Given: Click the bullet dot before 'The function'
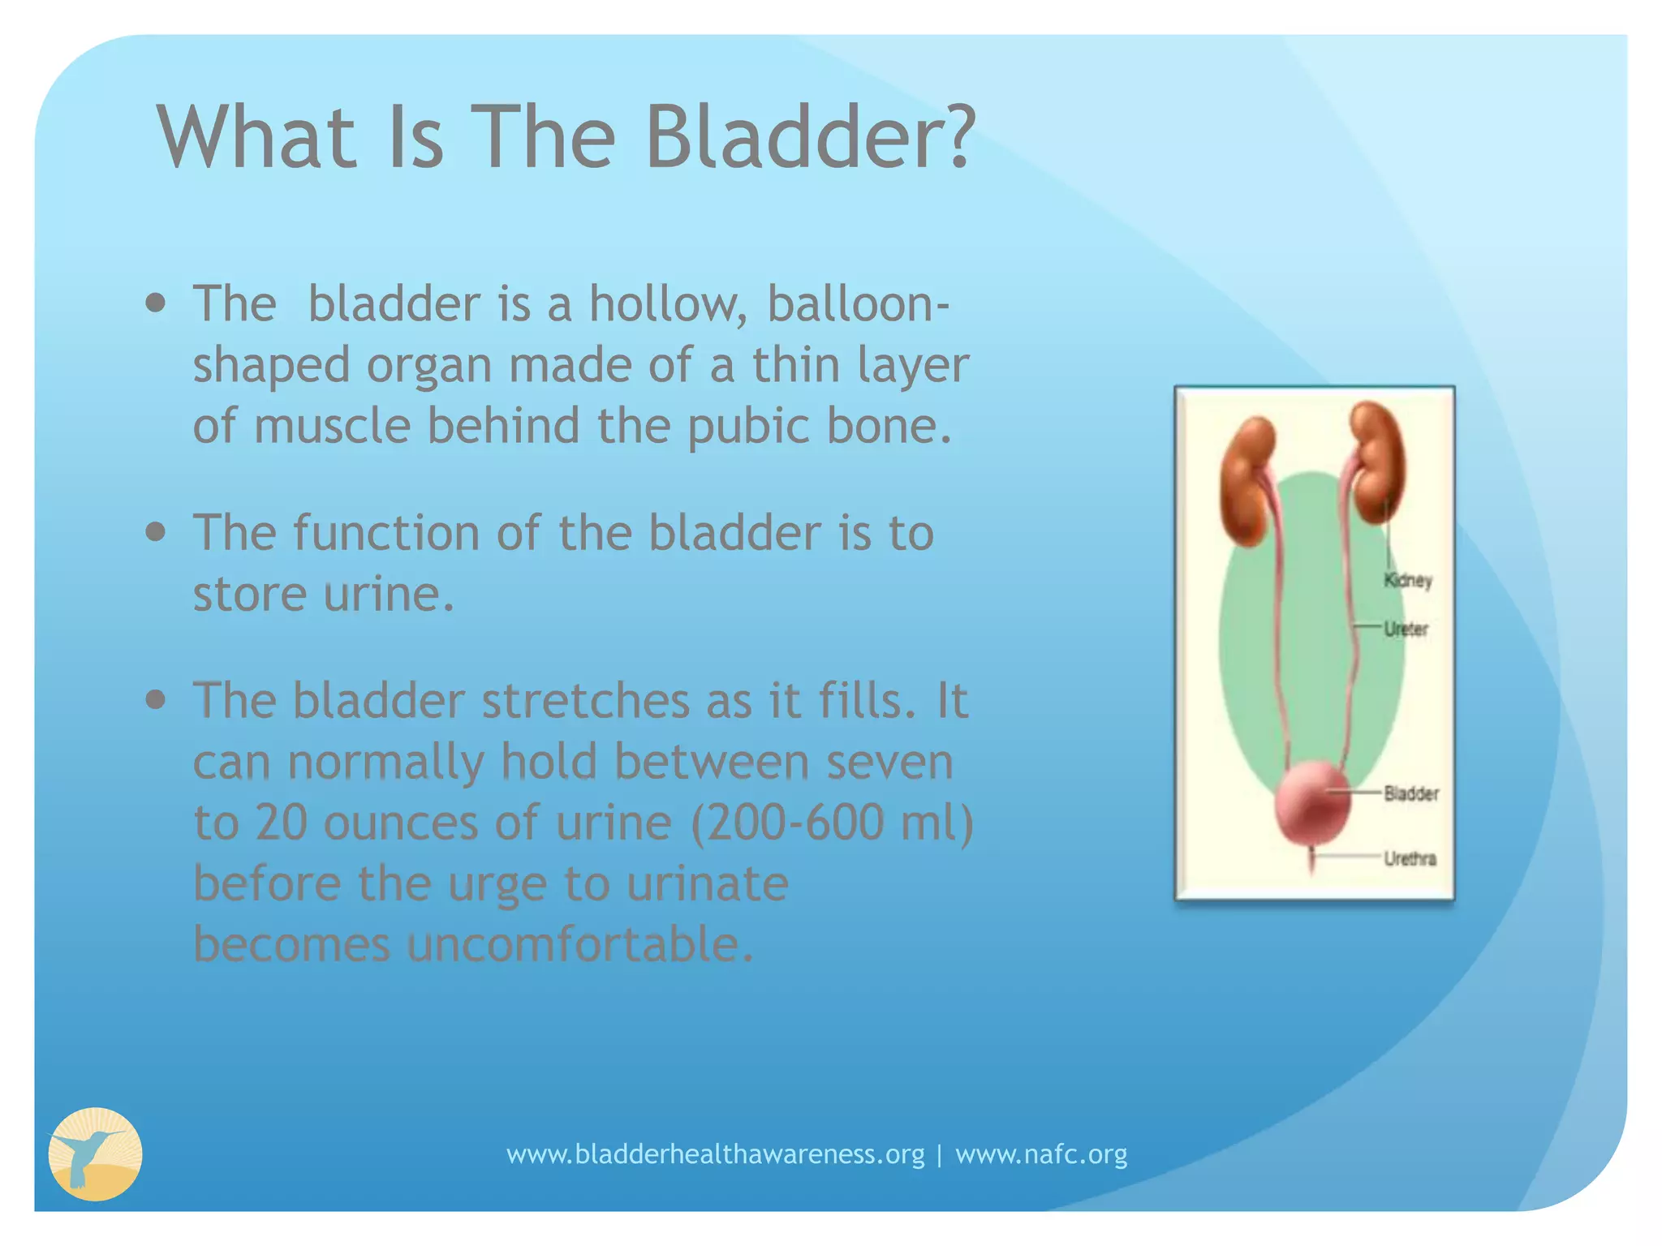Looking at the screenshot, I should coord(156,532).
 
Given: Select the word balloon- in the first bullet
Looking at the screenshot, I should coord(858,303).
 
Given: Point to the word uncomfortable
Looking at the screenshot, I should coord(580,944).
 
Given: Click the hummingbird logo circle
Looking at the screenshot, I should coord(96,1154).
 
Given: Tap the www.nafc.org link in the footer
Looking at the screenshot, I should coord(1041,1154).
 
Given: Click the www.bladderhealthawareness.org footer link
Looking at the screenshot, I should coord(716,1154).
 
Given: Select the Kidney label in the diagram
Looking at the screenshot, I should coord(1408,580).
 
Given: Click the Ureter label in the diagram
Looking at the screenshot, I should coord(1406,629).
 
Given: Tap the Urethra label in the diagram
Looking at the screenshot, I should coord(1410,858).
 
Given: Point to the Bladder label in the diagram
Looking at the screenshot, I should coord(1411,793).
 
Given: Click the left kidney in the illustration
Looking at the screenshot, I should coord(1247,482).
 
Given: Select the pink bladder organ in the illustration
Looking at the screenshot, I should coord(1311,804).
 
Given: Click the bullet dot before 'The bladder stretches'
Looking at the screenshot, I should coord(156,700).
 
